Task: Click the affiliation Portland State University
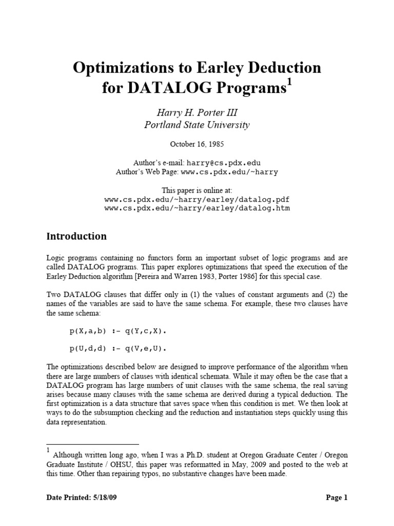197,125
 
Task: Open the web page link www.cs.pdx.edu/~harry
229,172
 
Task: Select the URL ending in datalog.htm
197,208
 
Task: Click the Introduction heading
77,236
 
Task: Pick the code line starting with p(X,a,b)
119,331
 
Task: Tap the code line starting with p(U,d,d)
119,349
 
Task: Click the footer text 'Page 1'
337,497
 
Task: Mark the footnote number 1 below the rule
48,450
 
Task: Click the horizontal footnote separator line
92,444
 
